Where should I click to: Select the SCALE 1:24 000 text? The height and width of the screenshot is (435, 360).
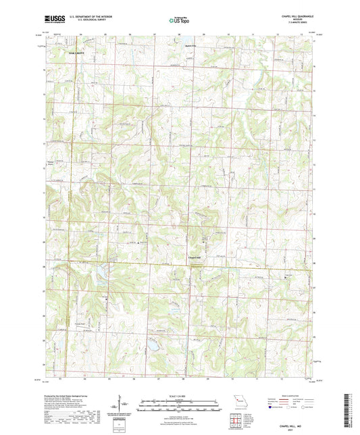(x=180, y=396)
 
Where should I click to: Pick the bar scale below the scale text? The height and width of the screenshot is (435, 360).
(x=180, y=404)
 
